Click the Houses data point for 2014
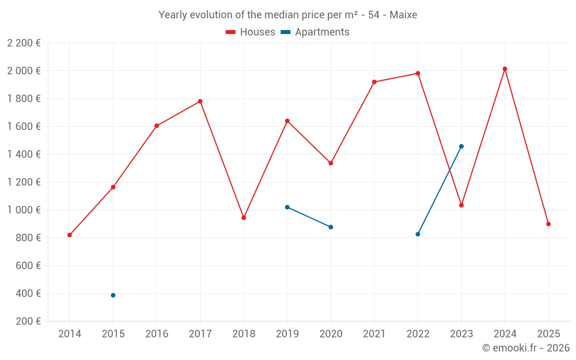click(70, 235)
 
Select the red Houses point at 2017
click(200, 101)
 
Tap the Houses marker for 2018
click(244, 218)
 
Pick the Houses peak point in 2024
click(505, 69)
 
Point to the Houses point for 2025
click(548, 224)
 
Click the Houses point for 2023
click(461, 205)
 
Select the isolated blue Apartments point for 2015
click(113, 295)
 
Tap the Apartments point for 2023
click(461, 146)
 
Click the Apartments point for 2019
click(287, 207)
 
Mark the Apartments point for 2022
click(418, 234)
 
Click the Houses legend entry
click(251, 32)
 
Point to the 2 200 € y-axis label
click(24, 43)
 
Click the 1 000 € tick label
click(24, 210)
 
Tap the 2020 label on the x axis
click(331, 334)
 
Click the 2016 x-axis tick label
click(157, 334)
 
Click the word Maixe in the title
click(403, 15)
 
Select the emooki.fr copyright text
click(526, 348)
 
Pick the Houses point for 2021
click(374, 82)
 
